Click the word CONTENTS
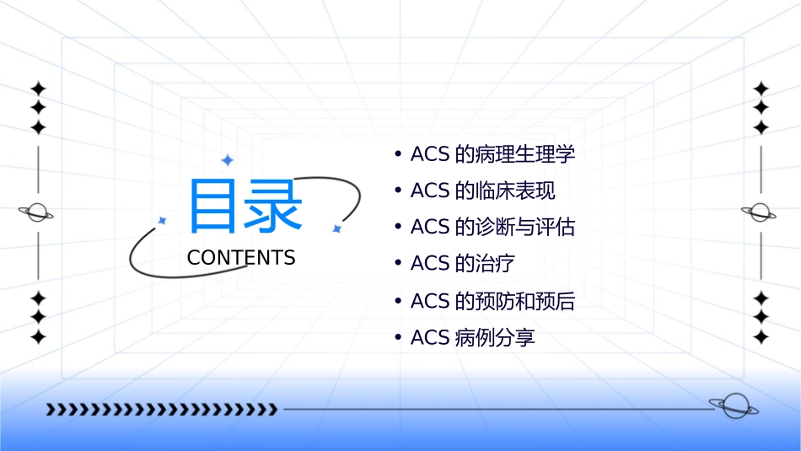(x=241, y=258)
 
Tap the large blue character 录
(x=272, y=206)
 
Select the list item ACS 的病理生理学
(x=492, y=154)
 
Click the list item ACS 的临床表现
(x=482, y=191)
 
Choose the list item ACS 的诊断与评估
(x=492, y=227)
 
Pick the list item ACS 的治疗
(x=462, y=263)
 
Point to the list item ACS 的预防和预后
(x=492, y=301)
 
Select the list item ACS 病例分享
(x=472, y=338)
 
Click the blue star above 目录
(x=227, y=160)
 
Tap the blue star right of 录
(x=336, y=228)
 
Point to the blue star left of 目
(x=163, y=220)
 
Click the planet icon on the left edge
(x=36, y=212)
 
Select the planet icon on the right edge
(x=760, y=212)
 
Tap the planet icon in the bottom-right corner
(x=733, y=406)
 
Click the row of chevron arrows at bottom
(x=161, y=410)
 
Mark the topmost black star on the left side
(x=37, y=89)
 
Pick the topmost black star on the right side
(x=761, y=89)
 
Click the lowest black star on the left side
(x=37, y=337)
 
